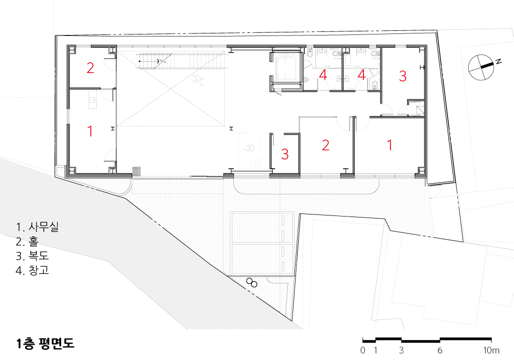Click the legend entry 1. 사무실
point(37,227)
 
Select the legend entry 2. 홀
point(27,241)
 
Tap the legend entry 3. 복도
point(32,256)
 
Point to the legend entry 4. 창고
point(32,270)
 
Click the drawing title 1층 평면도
point(45,343)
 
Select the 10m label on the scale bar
point(491,350)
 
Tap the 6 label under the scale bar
point(439,350)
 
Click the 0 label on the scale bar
point(362,350)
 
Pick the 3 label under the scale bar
point(401,350)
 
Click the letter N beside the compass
point(498,61)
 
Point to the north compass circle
point(481,67)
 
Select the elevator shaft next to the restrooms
point(286,71)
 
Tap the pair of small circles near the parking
point(252,283)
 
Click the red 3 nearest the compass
point(403,76)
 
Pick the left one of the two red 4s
point(323,75)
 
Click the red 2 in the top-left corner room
point(90,67)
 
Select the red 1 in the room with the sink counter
point(90,131)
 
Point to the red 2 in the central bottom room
point(325,145)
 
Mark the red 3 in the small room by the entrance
point(285,154)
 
